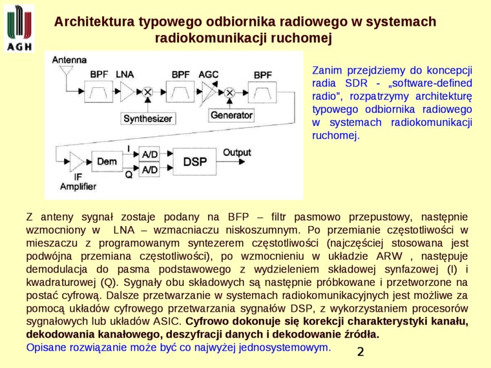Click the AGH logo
[x=19, y=28]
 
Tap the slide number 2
[x=360, y=352]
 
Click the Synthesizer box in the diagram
[x=148, y=119]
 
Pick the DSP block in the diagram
[x=195, y=162]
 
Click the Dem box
[x=106, y=162]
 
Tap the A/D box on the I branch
[x=149, y=154]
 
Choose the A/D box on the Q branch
[x=149, y=170]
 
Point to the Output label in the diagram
[x=236, y=153]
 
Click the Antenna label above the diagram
[x=69, y=60]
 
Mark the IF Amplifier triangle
[x=77, y=161]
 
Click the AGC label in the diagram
[x=208, y=75]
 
